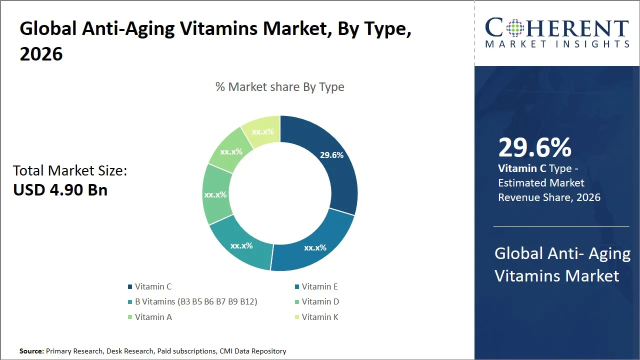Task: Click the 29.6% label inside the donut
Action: coord(331,155)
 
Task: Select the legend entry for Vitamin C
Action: coord(153,286)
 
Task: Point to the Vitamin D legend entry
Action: coord(320,301)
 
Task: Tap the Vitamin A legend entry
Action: coord(153,316)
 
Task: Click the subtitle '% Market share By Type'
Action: coord(279,87)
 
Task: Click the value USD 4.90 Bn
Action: coord(60,190)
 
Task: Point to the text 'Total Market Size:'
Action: coord(70,171)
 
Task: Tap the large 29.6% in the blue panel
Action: coord(534,148)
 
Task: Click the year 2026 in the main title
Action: coord(41,54)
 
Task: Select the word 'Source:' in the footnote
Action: coord(31,351)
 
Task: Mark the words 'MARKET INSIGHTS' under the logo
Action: coord(557,44)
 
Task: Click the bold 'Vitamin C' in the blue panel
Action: coord(522,169)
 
